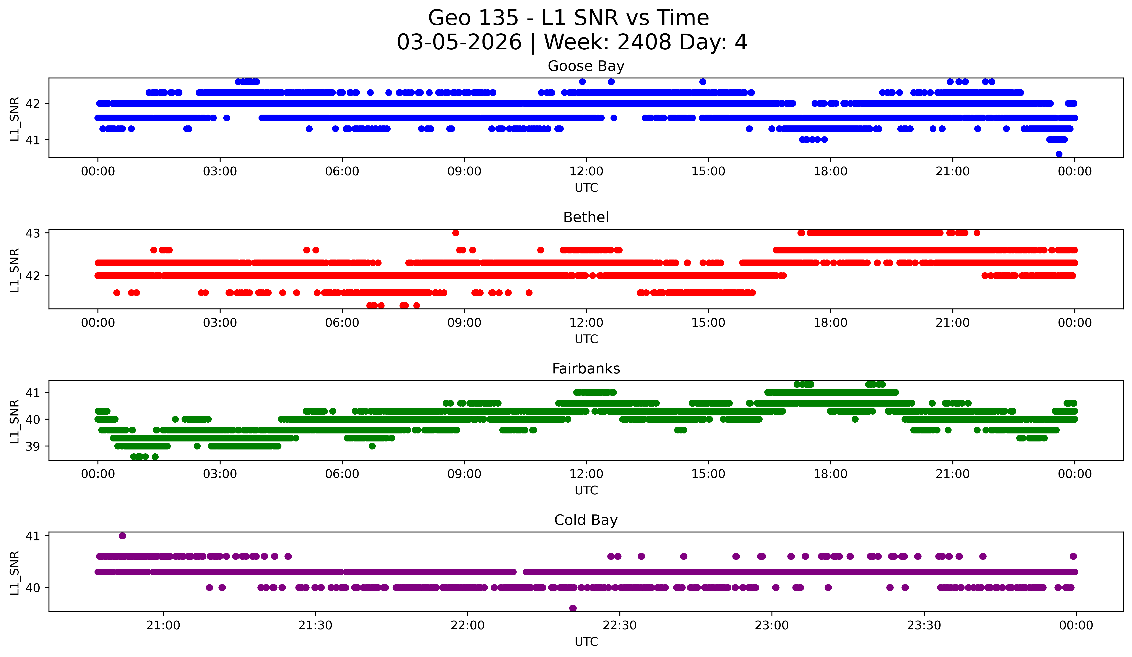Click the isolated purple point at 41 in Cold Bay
pyautogui.click(x=122, y=536)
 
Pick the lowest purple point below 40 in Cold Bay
pyautogui.click(x=573, y=608)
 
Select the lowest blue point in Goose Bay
pyautogui.click(x=1059, y=154)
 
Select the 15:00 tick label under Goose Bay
pyautogui.click(x=708, y=172)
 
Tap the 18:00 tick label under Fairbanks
pyautogui.click(x=830, y=474)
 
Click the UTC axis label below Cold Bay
pyautogui.click(x=586, y=642)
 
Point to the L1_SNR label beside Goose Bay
pyautogui.click(x=14, y=119)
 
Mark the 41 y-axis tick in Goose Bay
pyautogui.click(x=33, y=140)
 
